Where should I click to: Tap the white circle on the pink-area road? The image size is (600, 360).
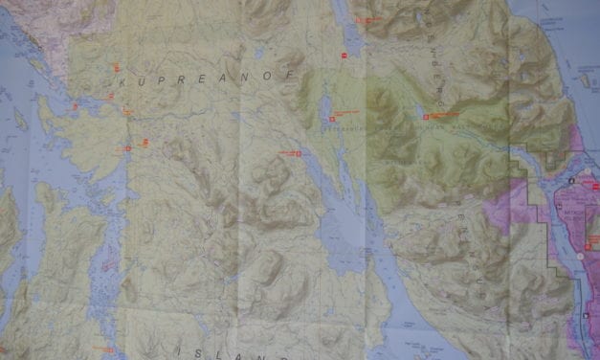click(x=581, y=256)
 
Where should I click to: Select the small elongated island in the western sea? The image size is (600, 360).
click(x=20, y=119)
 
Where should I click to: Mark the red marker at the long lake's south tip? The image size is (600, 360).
click(x=344, y=58)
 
